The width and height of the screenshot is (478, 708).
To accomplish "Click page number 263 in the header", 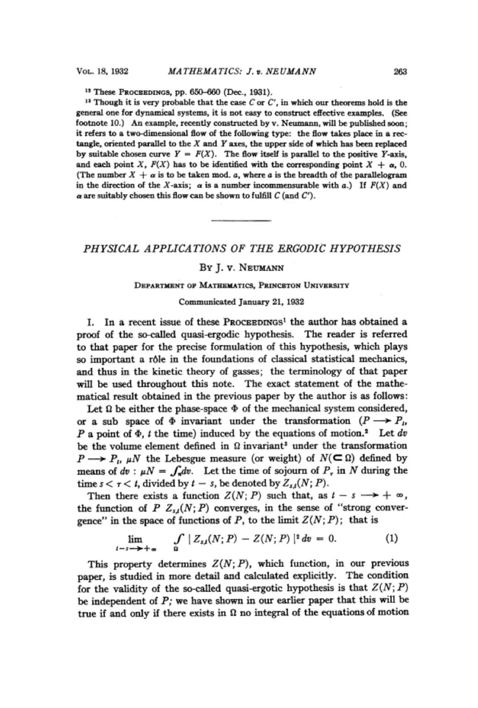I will pyautogui.click(x=400, y=71).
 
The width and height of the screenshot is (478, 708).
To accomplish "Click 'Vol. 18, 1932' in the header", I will pyautogui.click(x=103, y=71).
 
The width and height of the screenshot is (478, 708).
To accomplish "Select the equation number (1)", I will pyautogui.click(x=391, y=538).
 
